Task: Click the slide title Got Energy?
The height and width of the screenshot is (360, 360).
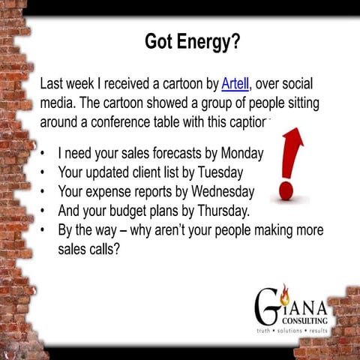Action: (x=192, y=42)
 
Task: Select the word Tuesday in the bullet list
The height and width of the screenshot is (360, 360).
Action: (x=218, y=172)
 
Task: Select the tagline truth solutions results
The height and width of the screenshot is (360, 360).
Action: (x=292, y=331)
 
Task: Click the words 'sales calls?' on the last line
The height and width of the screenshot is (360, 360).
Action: (x=89, y=249)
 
